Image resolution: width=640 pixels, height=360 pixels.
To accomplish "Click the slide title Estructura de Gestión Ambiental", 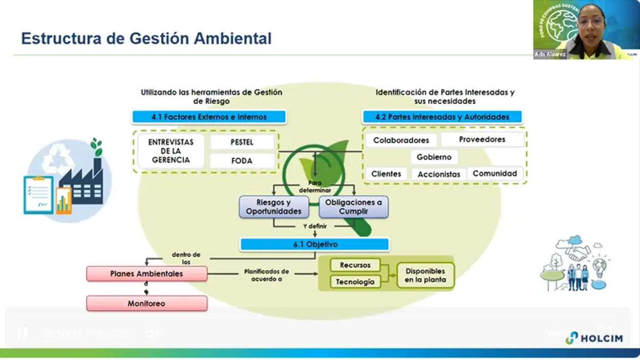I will (x=146, y=38).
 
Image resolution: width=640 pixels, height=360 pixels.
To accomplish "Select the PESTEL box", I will (x=242, y=142).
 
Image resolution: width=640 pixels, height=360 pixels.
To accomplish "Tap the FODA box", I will (x=242, y=161).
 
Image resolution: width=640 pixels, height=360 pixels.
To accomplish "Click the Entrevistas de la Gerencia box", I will (x=170, y=151).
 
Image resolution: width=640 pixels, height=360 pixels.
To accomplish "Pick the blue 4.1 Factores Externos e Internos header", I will (x=209, y=117).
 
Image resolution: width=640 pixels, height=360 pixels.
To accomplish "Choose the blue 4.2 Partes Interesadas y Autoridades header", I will (x=442, y=117).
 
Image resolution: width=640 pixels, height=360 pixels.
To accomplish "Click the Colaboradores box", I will (x=401, y=140).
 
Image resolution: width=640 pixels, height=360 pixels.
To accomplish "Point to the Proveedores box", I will (x=482, y=139).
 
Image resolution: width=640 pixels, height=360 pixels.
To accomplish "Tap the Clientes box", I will (x=386, y=174).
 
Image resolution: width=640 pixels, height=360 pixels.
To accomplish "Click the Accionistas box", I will (x=439, y=175).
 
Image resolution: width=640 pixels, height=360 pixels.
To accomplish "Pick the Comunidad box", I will (x=495, y=174).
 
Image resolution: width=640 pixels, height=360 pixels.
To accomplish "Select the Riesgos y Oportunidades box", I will (x=273, y=207).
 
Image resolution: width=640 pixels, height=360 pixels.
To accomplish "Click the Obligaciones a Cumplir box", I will (x=353, y=207).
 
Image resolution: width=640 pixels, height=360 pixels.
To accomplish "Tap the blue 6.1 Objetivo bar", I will (x=315, y=245).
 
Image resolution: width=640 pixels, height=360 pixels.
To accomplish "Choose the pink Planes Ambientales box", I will (x=146, y=274).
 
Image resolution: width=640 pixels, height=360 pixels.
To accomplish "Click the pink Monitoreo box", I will (x=146, y=304).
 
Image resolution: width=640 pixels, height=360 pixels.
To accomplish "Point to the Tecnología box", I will (x=355, y=282).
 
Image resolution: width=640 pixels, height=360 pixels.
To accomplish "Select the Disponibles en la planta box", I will (x=425, y=276).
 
